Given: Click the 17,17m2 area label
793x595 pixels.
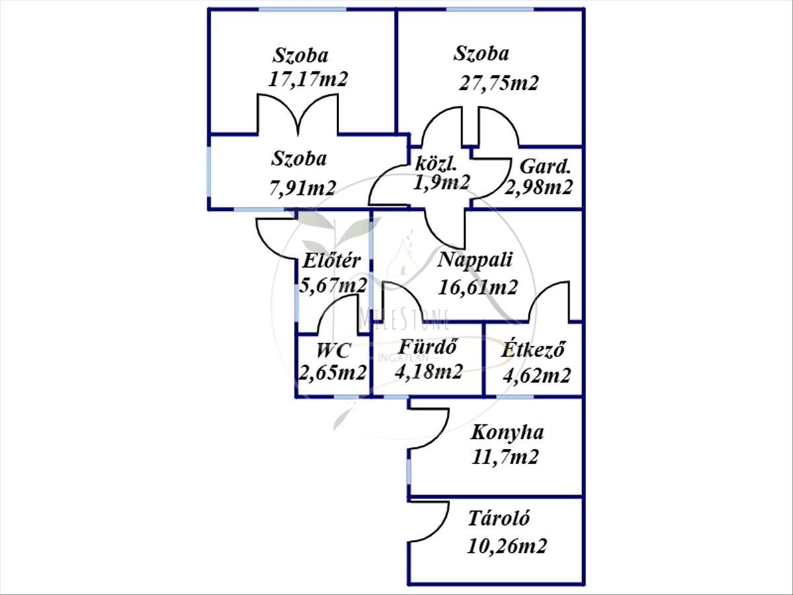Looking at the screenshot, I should pyautogui.click(x=307, y=79).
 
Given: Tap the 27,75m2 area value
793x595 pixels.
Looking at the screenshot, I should pyautogui.click(x=499, y=83).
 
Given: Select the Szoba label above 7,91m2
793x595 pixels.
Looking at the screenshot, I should pyautogui.click(x=299, y=159).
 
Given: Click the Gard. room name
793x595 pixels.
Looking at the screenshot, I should pyautogui.click(x=545, y=166).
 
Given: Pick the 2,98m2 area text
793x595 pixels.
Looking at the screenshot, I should pyautogui.click(x=539, y=188).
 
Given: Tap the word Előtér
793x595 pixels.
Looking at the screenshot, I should pyautogui.click(x=332, y=260).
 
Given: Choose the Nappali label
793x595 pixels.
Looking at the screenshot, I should pyautogui.click(x=475, y=259).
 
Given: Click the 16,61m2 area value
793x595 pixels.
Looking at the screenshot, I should pyautogui.click(x=478, y=286).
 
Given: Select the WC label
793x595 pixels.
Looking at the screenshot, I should pyautogui.click(x=334, y=350).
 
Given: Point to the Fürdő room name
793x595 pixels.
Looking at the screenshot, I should pyautogui.click(x=429, y=346).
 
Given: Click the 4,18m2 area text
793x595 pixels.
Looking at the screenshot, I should pyautogui.click(x=428, y=372).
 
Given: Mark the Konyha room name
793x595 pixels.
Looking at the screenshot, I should pyautogui.click(x=507, y=432).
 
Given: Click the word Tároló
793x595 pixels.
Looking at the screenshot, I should pyautogui.click(x=499, y=518).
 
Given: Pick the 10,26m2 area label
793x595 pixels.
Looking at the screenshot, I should pyautogui.click(x=507, y=546).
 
